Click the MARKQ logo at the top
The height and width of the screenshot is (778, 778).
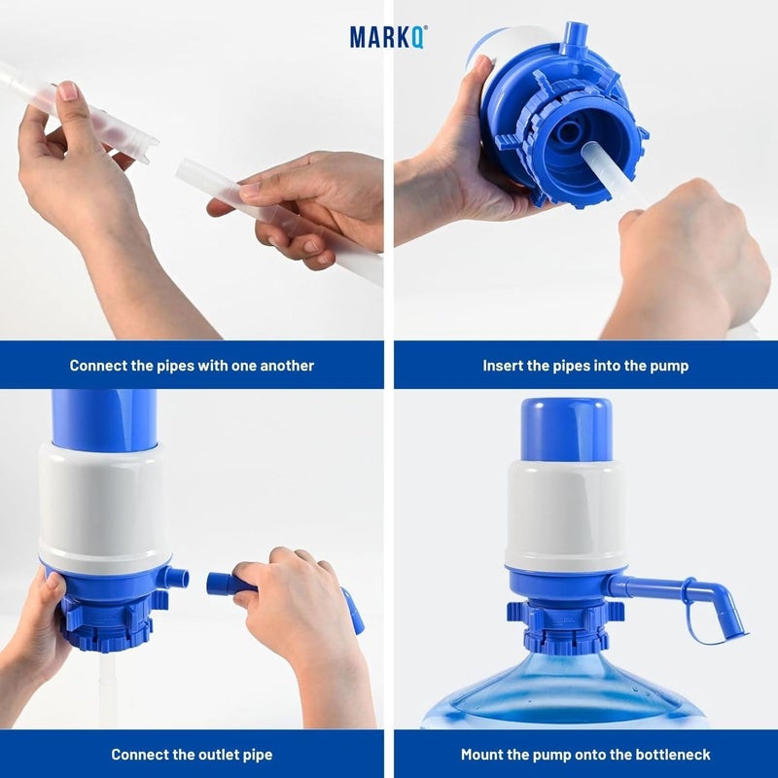(388, 37)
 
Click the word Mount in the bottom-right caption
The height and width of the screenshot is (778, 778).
(482, 755)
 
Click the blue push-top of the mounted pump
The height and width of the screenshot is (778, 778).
(565, 429)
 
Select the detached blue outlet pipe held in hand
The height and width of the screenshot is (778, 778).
(233, 585)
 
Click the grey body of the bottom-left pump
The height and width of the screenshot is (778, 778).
(104, 506)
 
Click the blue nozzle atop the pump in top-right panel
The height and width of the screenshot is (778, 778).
(573, 40)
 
